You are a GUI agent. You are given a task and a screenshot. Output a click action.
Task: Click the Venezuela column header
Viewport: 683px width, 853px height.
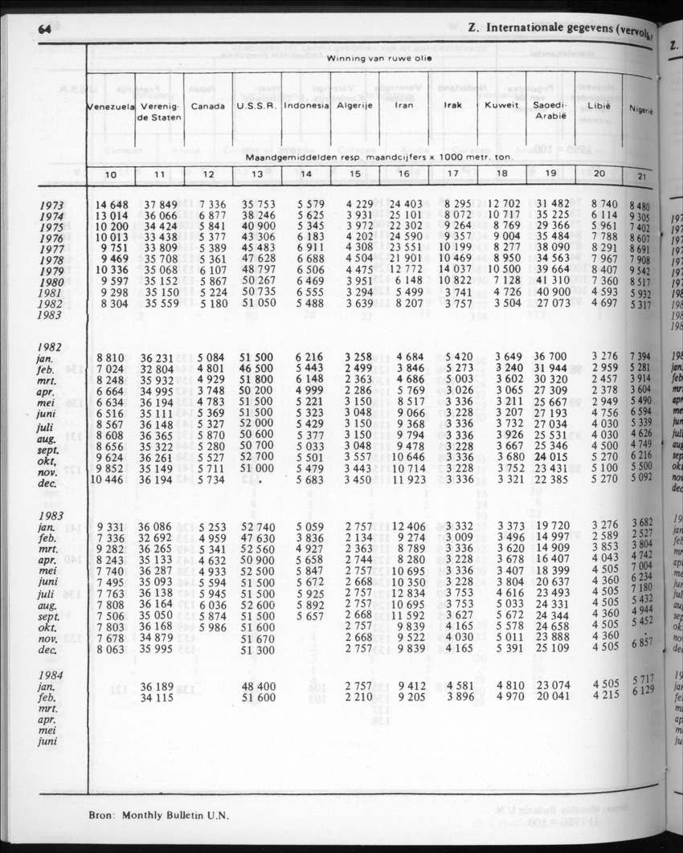coord(110,106)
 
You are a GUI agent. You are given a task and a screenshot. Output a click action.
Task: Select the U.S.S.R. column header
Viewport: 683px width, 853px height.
coord(256,105)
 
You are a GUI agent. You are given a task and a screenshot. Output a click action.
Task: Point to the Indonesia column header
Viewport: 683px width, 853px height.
coord(307,105)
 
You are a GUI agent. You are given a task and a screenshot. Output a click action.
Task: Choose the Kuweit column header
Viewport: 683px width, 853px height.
coord(501,105)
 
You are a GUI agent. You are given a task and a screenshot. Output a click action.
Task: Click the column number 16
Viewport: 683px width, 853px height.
coord(403,174)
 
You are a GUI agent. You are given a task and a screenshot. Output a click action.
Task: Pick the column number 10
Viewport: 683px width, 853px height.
coord(111,174)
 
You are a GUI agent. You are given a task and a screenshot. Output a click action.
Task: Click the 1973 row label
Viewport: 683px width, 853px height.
coord(52,206)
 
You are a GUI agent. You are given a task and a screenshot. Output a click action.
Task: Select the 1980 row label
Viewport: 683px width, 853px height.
coord(52,282)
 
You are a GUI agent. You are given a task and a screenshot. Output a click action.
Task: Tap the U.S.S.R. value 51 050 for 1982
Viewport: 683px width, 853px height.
coord(258,304)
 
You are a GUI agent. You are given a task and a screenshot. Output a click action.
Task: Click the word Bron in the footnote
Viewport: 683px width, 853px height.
coord(103,814)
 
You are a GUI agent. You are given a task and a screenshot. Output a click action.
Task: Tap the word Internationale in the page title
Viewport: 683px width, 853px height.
coord(527,29)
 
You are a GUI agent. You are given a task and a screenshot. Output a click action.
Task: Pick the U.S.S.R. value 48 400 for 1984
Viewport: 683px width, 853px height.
coord(258,687)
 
